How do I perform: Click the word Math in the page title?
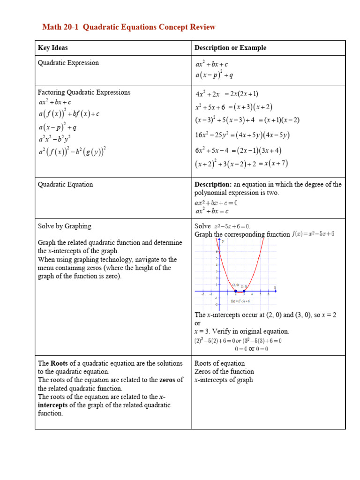point(52,27)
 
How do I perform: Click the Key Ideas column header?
point(52,48)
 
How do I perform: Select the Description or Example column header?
point(230,48)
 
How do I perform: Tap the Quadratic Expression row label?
point(68,63)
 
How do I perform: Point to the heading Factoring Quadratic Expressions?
point(84,92)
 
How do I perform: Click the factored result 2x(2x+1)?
point(241,94)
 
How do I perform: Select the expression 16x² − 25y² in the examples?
point(215,135)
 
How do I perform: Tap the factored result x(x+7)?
point(276,164)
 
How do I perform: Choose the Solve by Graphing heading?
point(64,226)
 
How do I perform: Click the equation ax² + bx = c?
point(211,211)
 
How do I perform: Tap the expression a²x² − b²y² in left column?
point(55,139)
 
